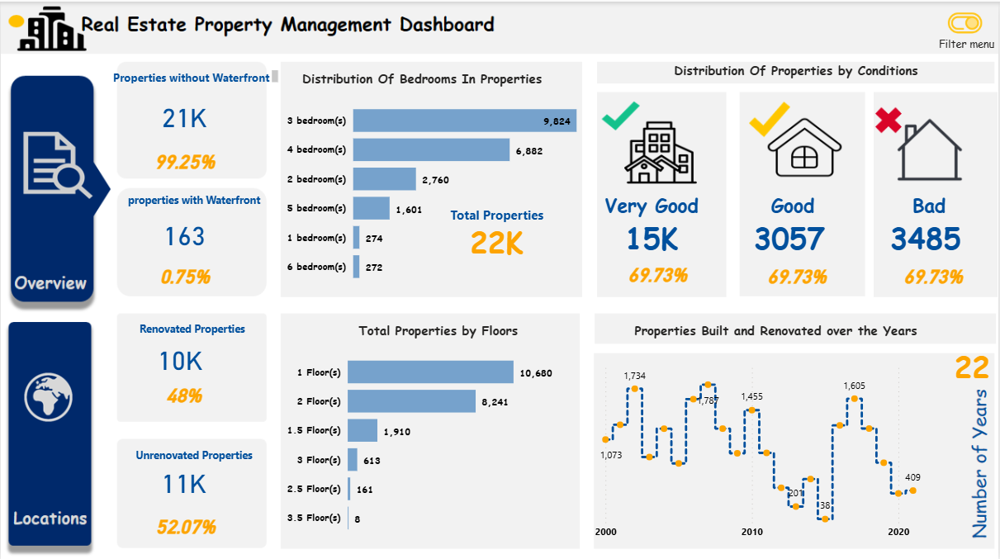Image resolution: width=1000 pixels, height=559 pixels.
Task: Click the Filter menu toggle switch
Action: (x=964, y=23)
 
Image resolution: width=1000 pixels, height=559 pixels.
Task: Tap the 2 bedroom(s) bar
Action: (x=384, y=179)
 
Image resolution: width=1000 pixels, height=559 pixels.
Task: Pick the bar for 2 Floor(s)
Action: (x=411, y=401)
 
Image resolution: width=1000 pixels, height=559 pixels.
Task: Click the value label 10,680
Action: (x=535, y=373)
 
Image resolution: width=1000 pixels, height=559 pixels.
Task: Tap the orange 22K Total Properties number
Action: (x=496, y=243)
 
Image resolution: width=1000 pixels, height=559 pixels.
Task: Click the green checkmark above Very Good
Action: (x=620, y=116)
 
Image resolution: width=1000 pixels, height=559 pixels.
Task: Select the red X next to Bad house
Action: (x=888, y=121)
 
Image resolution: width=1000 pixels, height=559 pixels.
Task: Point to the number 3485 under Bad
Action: (x=926, y=239)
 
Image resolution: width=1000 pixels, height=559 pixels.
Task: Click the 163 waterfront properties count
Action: (x=184, y=237)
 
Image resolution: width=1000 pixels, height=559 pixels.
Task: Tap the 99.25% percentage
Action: (x=186, y=162)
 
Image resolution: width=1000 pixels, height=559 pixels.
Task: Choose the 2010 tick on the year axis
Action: (x=751, y=532)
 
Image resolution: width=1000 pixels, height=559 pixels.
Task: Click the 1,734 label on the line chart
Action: (x=634, y=376)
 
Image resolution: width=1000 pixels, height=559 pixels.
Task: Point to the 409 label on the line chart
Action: (x=912, y=477)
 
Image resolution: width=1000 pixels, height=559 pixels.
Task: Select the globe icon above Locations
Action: (x=49, y=396)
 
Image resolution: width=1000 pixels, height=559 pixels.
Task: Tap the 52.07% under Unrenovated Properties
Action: (x=187, y=526)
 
